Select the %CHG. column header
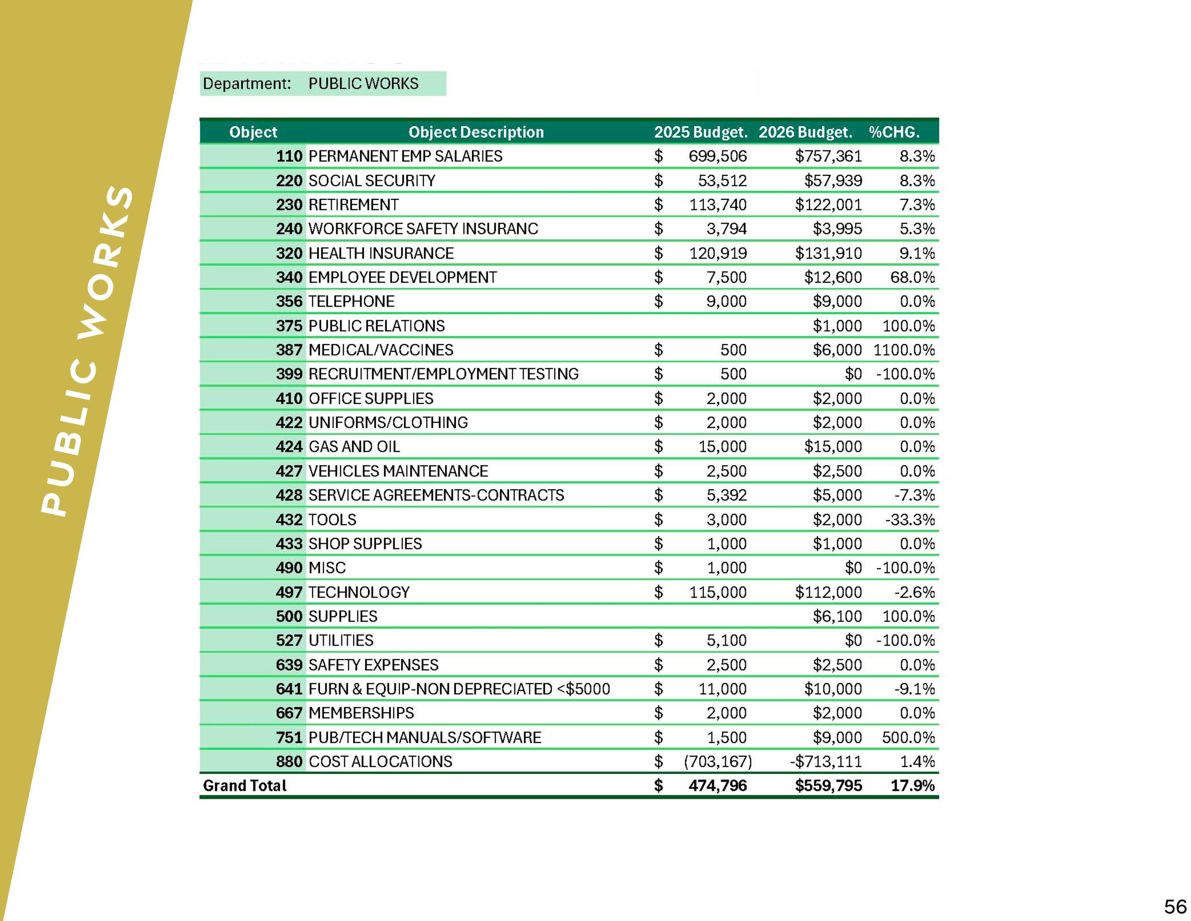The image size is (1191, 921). point(894,132)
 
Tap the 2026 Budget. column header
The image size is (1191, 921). point(805,132)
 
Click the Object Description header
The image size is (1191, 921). point(476,132)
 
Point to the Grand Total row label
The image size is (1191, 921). point(244,786)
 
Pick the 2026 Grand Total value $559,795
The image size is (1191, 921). point(828,786)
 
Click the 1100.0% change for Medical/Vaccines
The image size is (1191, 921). point(904,350)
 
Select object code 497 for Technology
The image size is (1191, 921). point(289,592)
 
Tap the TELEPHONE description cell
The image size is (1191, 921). point(351,301)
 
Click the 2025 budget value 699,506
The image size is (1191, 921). point(717,156)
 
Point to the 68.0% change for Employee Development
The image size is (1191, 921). point(912,277)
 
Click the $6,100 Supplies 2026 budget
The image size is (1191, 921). point(837,616)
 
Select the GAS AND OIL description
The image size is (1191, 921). point(354,446)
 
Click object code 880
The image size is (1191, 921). point(289,761)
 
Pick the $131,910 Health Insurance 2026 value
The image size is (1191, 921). point(828,253)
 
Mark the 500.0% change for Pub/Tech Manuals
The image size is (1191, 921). point(908,737)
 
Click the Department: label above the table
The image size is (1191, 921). point(247,83)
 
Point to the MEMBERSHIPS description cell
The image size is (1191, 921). point(361,713)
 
